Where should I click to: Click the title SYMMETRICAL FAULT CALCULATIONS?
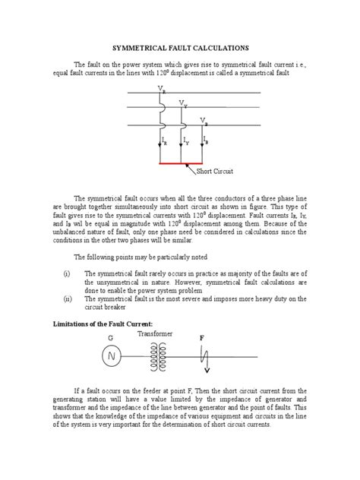pos(180,46)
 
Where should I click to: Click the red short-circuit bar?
pos(181,163)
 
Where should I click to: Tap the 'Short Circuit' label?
pos(216,172)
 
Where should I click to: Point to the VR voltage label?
pos(161,90)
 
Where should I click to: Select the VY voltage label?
pos(182,104)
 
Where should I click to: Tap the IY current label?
pos(186,141)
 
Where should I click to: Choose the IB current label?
pos(207,141)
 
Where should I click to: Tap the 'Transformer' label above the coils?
pos(156,333)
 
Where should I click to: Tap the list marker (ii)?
pos(67,298)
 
